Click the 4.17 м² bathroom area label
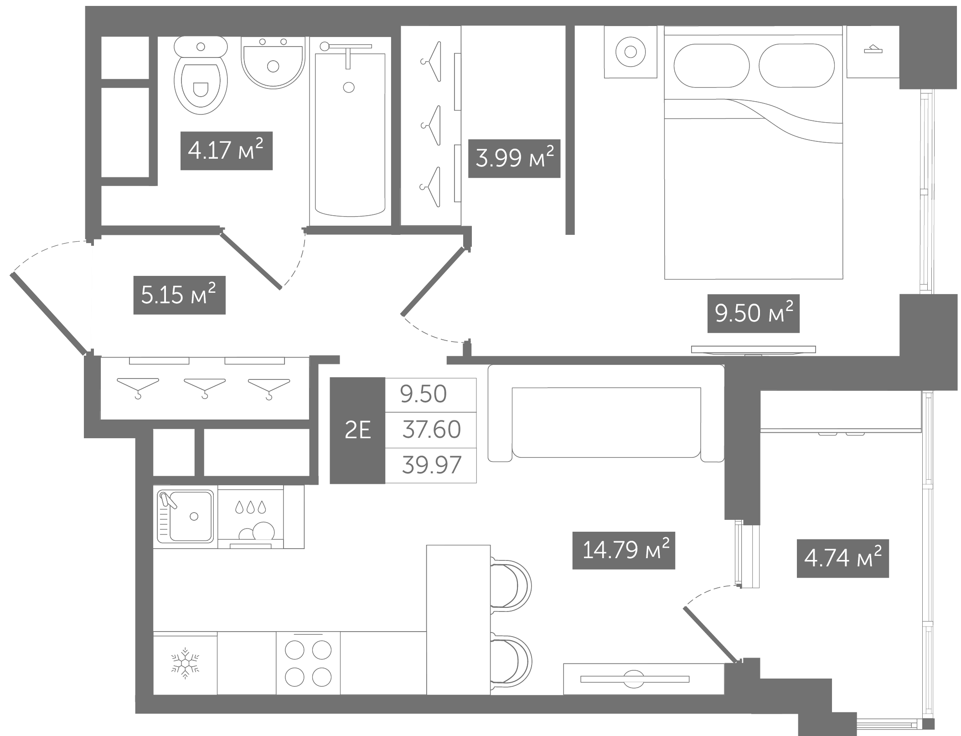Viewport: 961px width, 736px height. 226,150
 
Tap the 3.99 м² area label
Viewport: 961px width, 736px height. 514,158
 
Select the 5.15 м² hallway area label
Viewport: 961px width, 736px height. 179,295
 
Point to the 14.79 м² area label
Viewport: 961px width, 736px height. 624,550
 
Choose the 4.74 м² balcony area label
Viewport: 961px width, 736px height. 842,559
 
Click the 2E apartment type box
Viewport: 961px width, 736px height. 357,430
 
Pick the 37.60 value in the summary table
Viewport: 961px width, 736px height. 431,430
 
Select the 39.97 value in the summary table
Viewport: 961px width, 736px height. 431,465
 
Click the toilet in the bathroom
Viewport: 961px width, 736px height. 201,75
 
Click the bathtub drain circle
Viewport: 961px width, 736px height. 349,87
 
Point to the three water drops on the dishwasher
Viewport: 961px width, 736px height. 250,507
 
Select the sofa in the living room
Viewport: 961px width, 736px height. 606,414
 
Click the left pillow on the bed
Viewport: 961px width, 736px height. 711,65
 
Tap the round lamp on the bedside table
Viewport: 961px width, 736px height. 630,52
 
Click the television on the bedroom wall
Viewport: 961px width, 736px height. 753,350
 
